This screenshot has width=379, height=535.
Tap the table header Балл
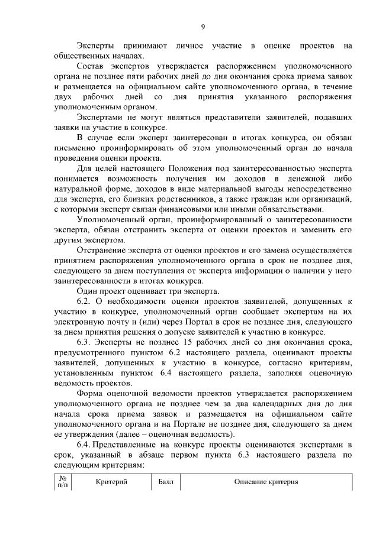point(166,482)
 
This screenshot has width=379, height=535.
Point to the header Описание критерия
point(265,482)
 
